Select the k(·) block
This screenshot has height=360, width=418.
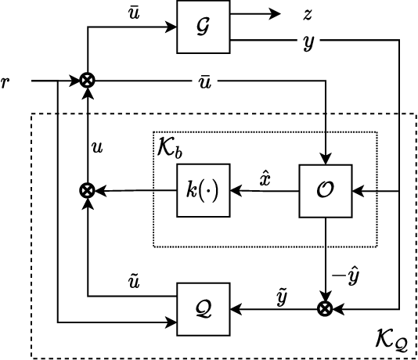tap(204, 190)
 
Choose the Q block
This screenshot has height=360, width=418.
tap(204, 309)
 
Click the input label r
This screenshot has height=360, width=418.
tap(7, 80)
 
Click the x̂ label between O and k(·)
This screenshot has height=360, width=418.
tap(265, 177)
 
